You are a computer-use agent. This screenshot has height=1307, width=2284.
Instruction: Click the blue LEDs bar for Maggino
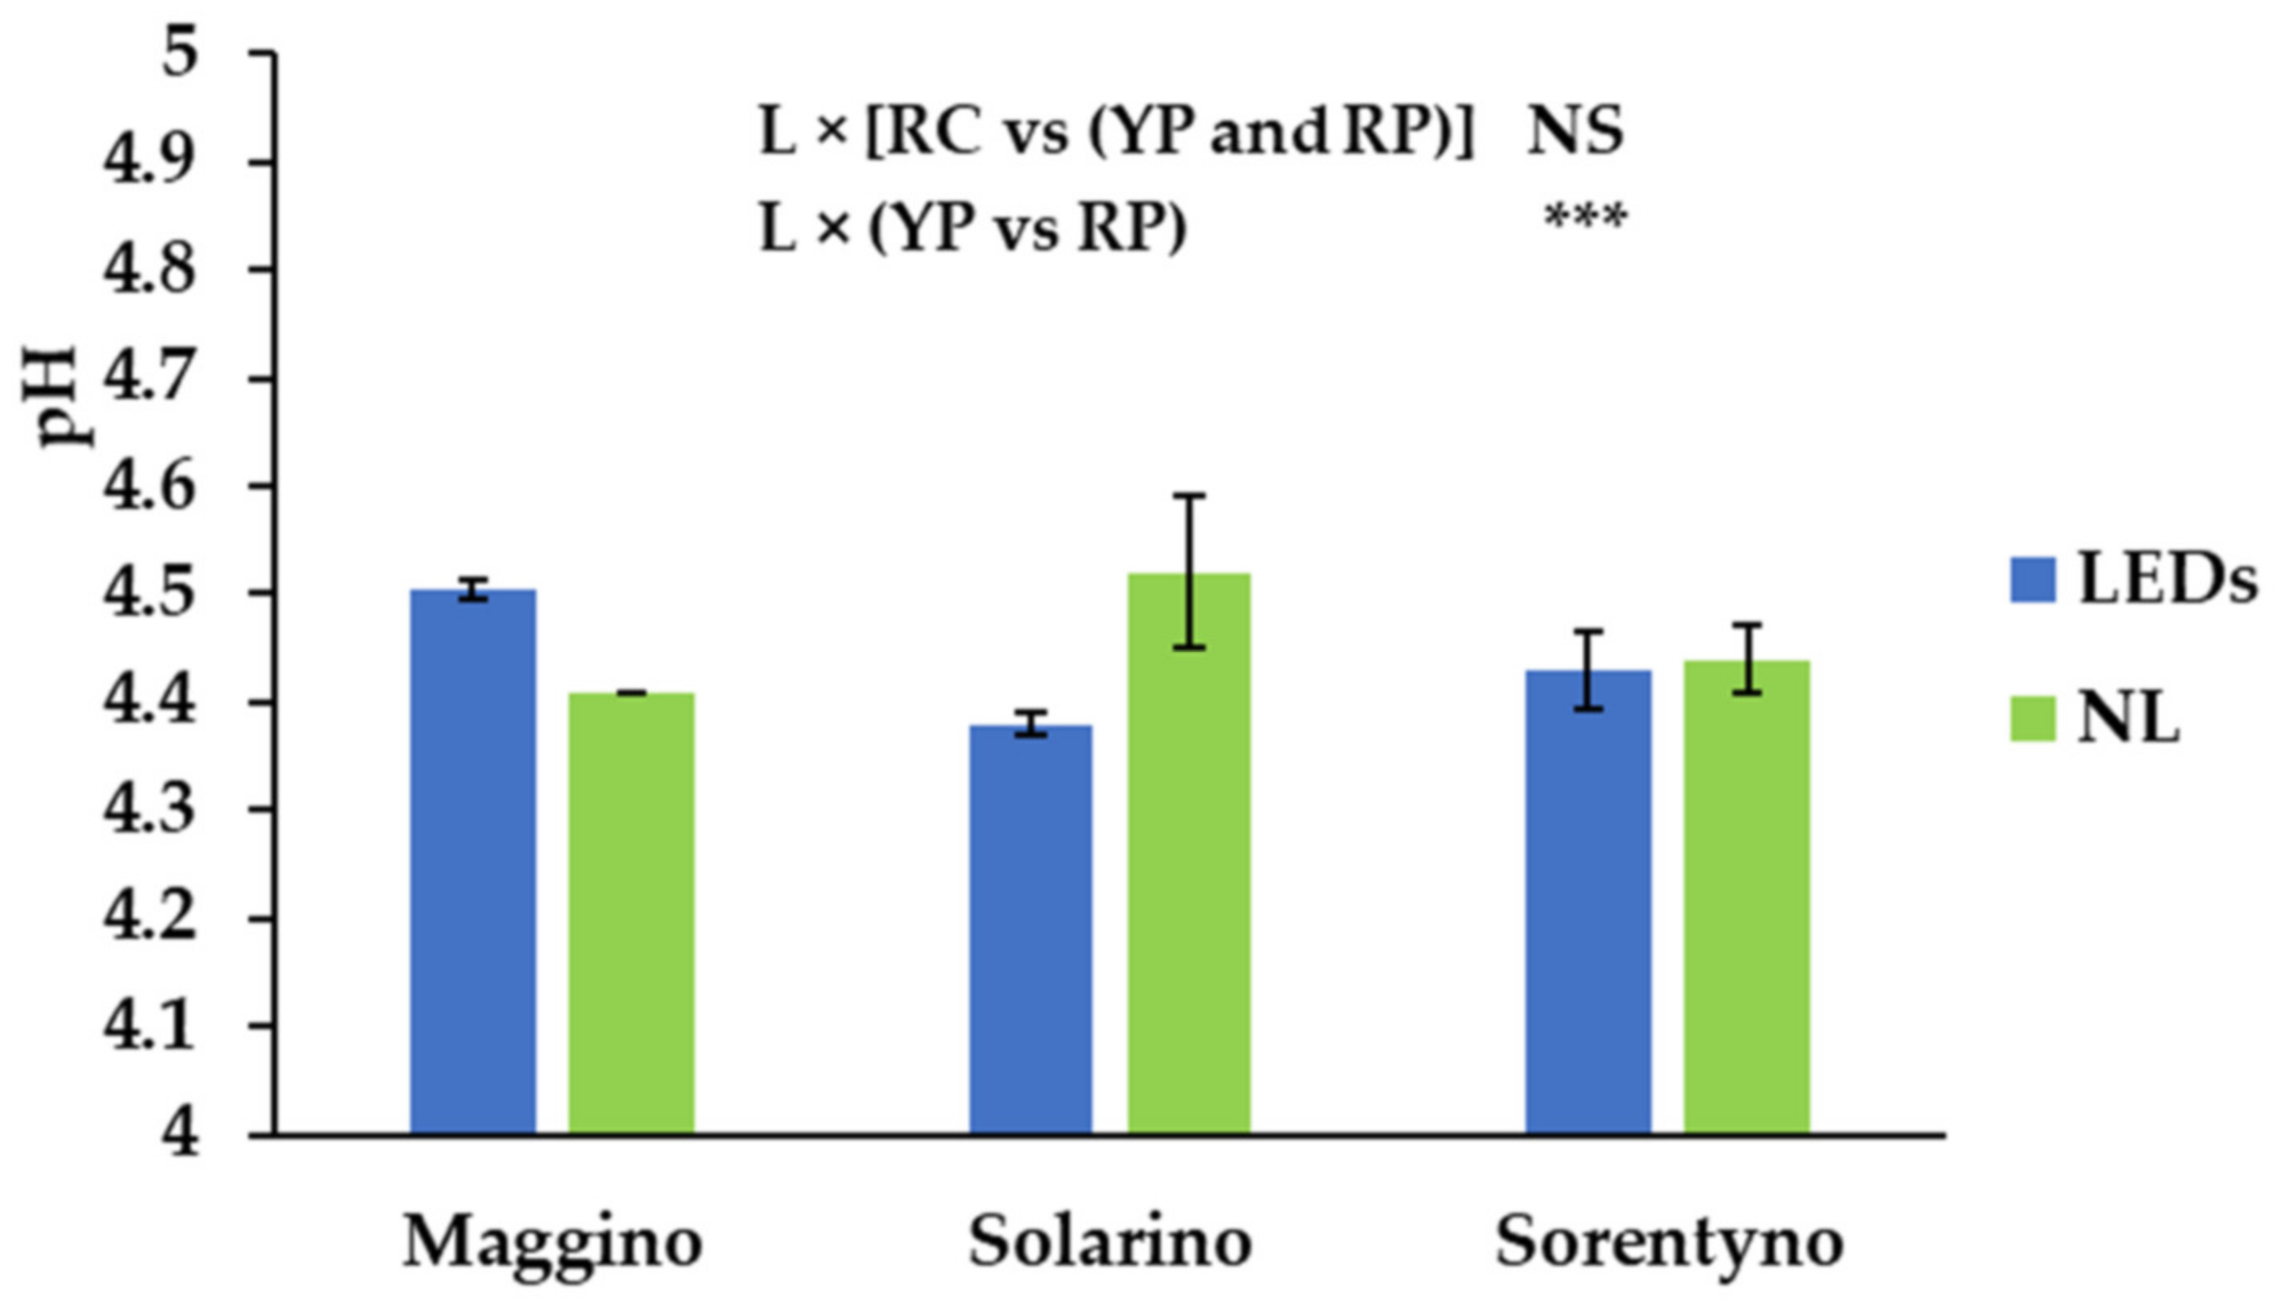[473, 862]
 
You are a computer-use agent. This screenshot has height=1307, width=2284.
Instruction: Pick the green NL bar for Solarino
[1189, 853]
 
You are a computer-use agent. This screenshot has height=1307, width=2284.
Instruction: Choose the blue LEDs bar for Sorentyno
[1588, 902]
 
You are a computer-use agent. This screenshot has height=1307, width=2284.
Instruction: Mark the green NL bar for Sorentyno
[1747, 898]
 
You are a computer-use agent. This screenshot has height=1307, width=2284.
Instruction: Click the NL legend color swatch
[2033, 718]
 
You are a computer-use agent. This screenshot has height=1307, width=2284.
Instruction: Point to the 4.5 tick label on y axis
[149, 593]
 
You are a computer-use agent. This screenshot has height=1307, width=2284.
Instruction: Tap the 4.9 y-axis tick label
[149, 162]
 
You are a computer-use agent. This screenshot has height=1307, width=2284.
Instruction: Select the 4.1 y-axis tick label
[149, 1026]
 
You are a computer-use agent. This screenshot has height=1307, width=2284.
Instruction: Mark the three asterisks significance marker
[1585, 220]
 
